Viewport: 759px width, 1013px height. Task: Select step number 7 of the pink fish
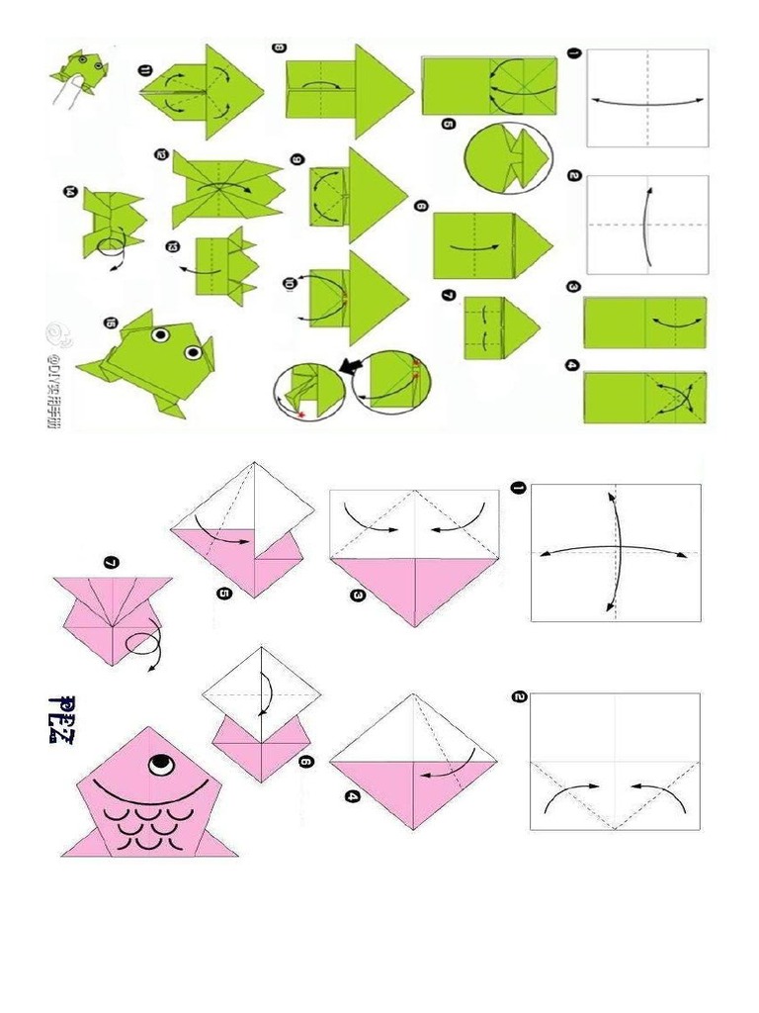(111, 563)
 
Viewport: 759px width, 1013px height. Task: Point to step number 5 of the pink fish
(223, 594)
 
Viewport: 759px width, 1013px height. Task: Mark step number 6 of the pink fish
(304, 762)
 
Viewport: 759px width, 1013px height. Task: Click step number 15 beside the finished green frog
(109, 322)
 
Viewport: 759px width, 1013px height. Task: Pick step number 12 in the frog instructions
(160, 154)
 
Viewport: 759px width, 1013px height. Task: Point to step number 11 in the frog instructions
(145, 69)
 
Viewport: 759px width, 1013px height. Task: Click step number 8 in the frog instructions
(279, 46)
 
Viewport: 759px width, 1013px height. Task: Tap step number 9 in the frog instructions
(296, 159)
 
